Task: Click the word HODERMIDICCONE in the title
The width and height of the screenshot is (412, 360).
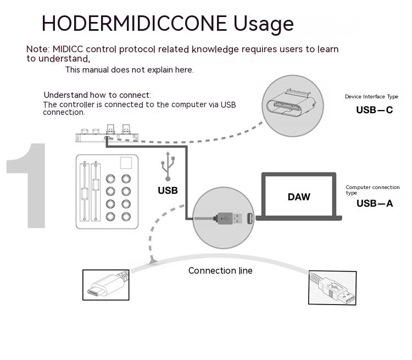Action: (134, 24)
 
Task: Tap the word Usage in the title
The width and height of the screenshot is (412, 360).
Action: (264, 24)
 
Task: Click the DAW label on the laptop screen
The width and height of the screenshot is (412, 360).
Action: (299, 197)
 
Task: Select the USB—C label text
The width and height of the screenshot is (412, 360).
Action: (374, 110)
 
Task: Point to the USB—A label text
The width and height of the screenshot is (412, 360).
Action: (375, 204)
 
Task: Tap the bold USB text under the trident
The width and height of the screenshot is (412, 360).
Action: (168, 191)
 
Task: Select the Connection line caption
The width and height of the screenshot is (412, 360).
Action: (220, 270)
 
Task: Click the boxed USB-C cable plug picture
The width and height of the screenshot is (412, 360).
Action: (106, 285)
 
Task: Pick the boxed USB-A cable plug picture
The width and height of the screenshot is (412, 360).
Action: (332, 287)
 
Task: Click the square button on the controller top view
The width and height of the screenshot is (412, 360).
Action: (126, 163)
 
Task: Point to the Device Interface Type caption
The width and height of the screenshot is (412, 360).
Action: (371, 97)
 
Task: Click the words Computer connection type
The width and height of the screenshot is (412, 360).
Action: (372, 190)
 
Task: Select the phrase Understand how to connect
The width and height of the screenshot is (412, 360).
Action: (97, 95)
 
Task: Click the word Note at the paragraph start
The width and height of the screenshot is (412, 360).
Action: (37, 49)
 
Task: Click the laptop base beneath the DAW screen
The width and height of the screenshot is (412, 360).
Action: (299, 218)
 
